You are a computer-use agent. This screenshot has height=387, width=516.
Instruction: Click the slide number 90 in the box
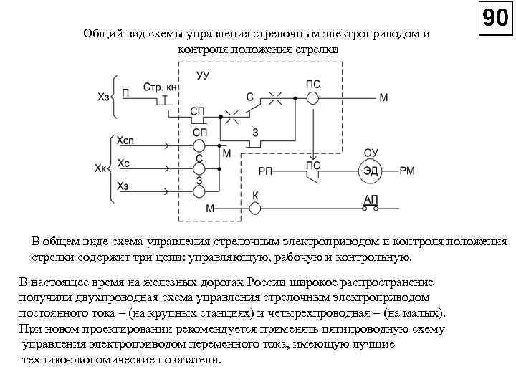(x=495, y=19)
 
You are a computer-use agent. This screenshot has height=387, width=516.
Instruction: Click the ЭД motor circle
(x=371, y=171)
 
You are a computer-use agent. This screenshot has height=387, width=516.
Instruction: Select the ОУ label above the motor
(x=371, y=153)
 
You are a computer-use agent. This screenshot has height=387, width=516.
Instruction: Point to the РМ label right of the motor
(x=406, y=171)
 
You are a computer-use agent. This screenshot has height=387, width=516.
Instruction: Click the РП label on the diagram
(x=266, y=171)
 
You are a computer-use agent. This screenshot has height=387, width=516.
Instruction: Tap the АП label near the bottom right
(x=372, y=199)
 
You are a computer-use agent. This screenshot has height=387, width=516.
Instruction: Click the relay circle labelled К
(x=255, y=209)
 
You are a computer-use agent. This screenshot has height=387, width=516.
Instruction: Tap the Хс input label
(x=123, y=163)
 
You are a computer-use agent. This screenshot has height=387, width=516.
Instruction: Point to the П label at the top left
(x=126, y=92)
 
